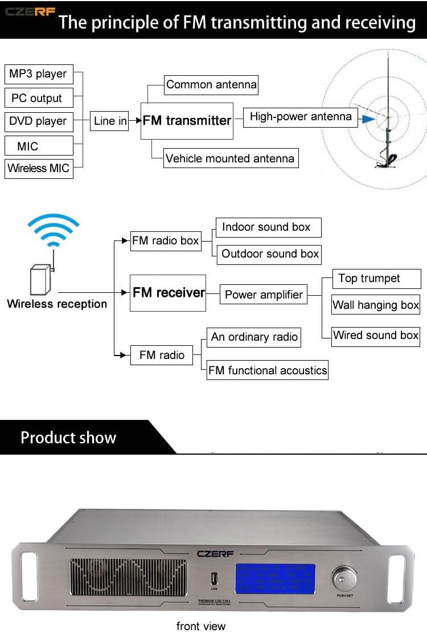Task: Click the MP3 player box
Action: point(39,74)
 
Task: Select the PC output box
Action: point(39,98)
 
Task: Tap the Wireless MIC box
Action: point(39,169)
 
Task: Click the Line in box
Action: point(110,121)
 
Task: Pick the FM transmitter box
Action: point(187,121)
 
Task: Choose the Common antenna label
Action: point(211,85)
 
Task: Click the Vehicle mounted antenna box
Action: point(230,158)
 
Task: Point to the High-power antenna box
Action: point(301,117)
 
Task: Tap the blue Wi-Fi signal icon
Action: point(54,231)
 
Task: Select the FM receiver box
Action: point(168,293)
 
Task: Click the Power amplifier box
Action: point(264,295)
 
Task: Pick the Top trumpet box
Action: point(369,279)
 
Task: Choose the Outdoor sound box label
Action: point(270,254)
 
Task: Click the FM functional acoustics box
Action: point(268,371)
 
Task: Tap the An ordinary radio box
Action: point(254,337)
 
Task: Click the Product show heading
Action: point(68,438)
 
